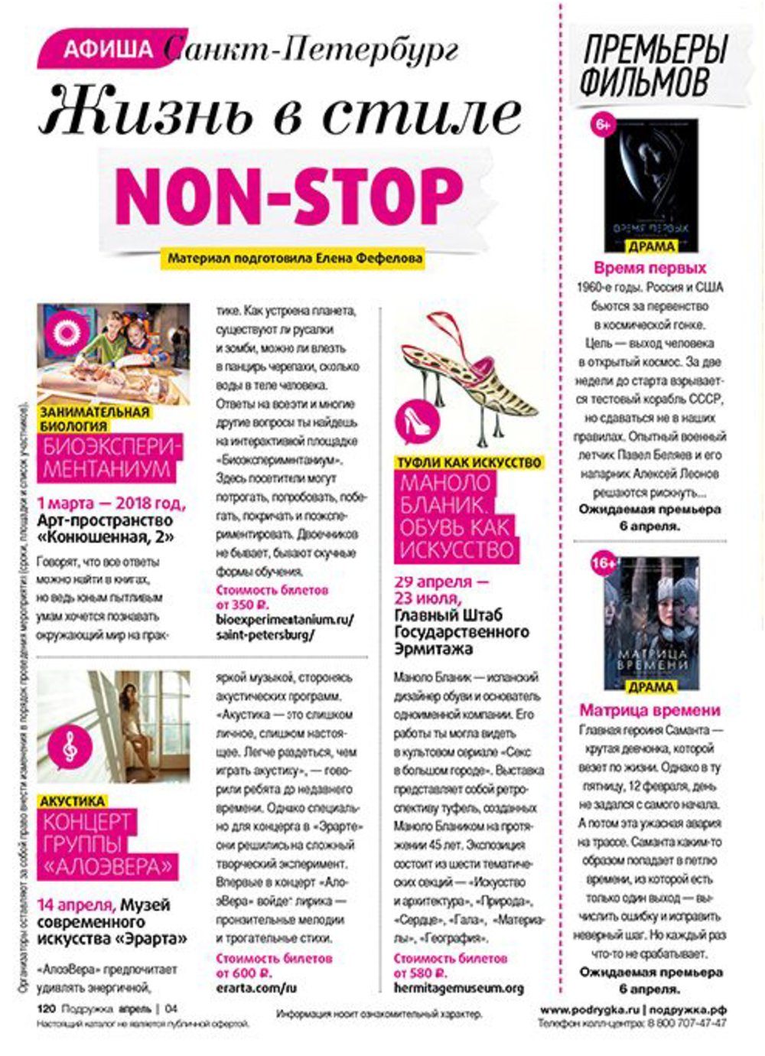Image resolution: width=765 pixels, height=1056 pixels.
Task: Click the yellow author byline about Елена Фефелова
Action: tap(295, 259)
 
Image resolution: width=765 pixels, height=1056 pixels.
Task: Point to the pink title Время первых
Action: tap(649, 268)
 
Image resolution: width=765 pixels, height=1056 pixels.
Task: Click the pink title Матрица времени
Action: tap(649, 709)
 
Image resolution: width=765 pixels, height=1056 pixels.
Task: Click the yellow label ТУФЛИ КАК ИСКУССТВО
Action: tap(468, 463)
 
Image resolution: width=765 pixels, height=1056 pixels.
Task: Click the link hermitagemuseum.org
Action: tap(458, 988)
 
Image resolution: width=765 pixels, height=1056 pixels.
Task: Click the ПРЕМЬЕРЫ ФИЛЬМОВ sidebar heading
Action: tap(654, 67)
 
